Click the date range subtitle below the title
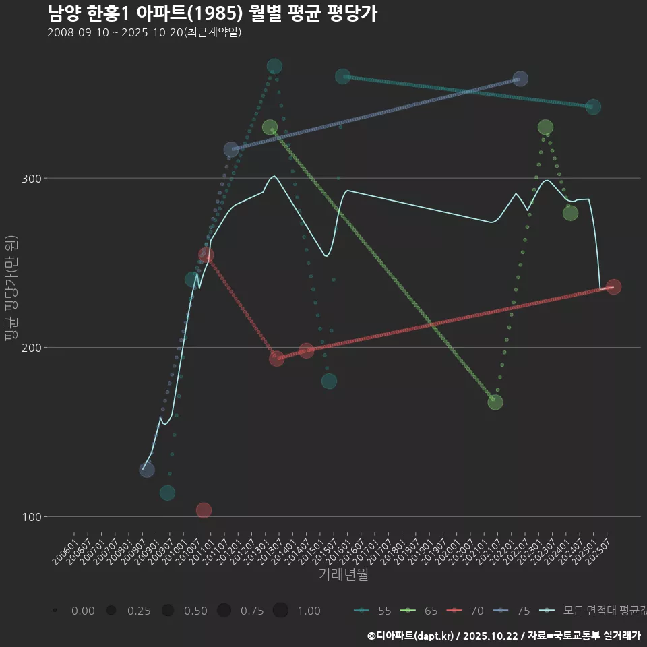[x=144, y=33]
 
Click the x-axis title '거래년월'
[x=343, y=575]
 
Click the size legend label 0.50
[x=195, y=611]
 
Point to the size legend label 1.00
[x=309, y=611]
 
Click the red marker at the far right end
[x=613, y=287]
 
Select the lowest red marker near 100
[x=204, y=510]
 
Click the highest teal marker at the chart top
[x=274, y=66]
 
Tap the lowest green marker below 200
[x=495, y=402]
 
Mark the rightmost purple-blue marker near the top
[x=520, y=79]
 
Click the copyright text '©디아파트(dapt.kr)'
[x=410, y=636]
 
